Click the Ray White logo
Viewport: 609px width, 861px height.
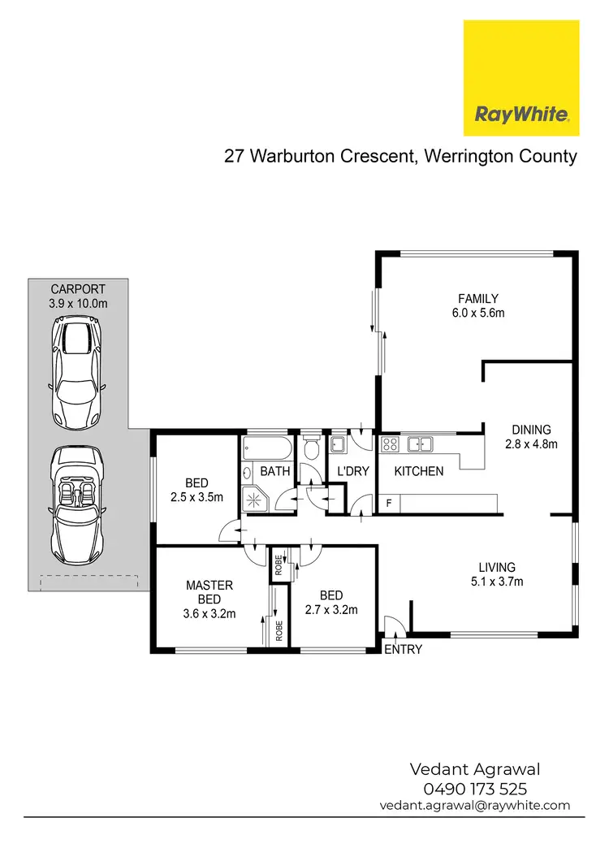point(521,78)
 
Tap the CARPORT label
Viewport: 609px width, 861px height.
point(78,288)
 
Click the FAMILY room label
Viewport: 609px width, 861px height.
point(477,298)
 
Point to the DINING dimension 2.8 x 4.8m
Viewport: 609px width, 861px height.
point(531,443)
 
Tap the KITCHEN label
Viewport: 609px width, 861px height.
point(419,471)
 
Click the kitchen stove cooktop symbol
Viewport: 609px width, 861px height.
point(390,443)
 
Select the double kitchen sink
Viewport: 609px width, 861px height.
point(420,443)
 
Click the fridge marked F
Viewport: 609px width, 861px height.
point(389,504)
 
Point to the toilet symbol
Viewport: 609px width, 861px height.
point(309,449)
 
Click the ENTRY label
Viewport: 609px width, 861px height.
point(403,650)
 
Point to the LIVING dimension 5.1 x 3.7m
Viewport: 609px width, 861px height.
point(498,581)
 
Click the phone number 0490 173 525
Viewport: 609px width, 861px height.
point(475,788)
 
